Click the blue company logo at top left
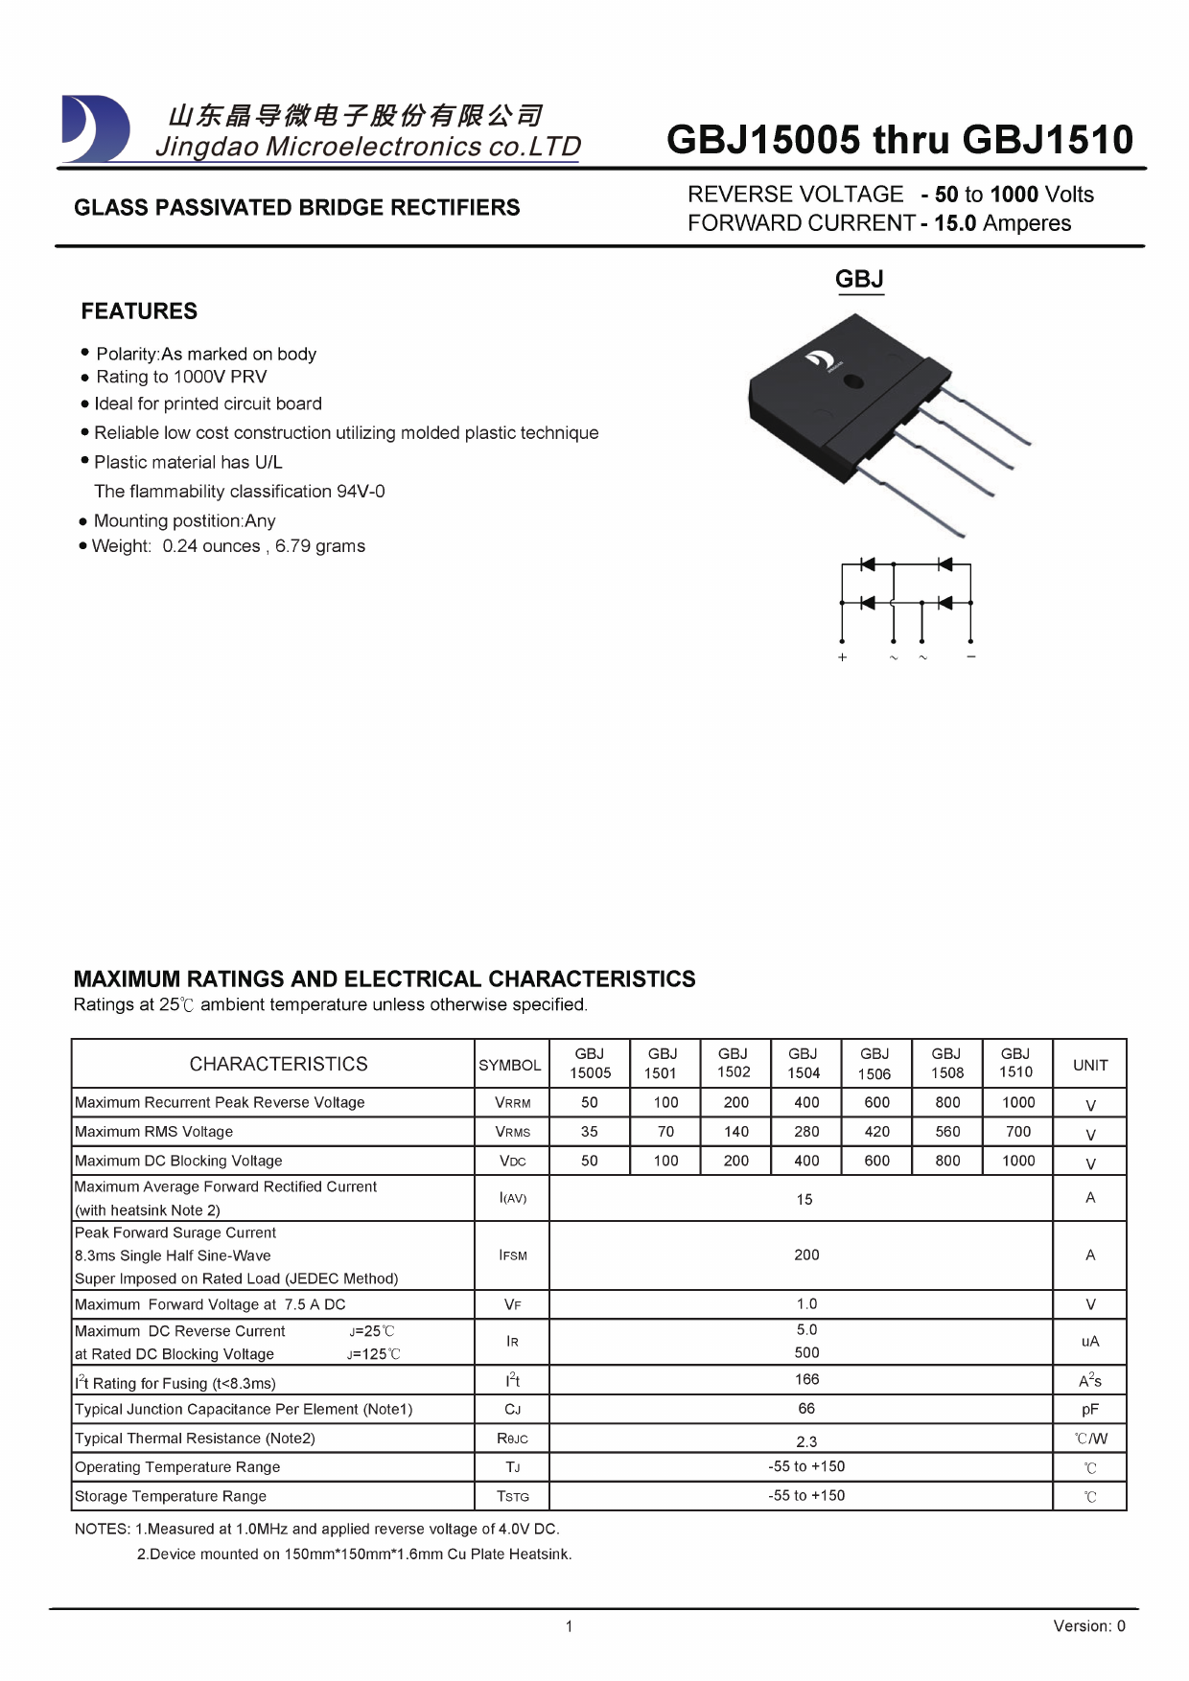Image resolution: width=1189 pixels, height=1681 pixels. coord(95,128)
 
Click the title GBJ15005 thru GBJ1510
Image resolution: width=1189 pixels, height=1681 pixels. coord(899,140)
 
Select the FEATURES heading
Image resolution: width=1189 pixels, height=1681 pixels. coord(139,311)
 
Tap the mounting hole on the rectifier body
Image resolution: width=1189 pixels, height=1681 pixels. coord(851,382)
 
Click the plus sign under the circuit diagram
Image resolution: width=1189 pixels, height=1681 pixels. coord(842,657)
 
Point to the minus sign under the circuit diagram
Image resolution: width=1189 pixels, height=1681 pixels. coord(971,656)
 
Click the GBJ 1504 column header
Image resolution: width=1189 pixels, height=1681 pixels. coord(804,1064)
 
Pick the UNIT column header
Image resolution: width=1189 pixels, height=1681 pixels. coord(1090,1066)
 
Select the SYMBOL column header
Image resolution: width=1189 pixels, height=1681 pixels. coord(510,1066)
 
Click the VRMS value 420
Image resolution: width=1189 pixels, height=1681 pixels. coord(876,1132)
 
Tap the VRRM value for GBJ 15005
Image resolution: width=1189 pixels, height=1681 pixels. coord(589,1103)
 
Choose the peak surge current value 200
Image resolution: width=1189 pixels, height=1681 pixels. coord(806,1255)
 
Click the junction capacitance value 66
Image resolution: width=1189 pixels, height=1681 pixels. coord(806,1409)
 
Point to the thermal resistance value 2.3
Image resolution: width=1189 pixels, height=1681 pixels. coord(806,1441)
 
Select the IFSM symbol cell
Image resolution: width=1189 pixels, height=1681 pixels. coord(513,1255)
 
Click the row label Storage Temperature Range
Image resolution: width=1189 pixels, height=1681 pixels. coord(171,1496)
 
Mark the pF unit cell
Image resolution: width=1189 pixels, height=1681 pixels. coord(1090,1410)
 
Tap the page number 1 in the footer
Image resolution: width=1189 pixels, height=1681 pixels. coord(569,1626)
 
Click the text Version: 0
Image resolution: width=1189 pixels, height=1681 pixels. coord(1088,1626)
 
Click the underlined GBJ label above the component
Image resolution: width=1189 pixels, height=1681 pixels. coord(859,279)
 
